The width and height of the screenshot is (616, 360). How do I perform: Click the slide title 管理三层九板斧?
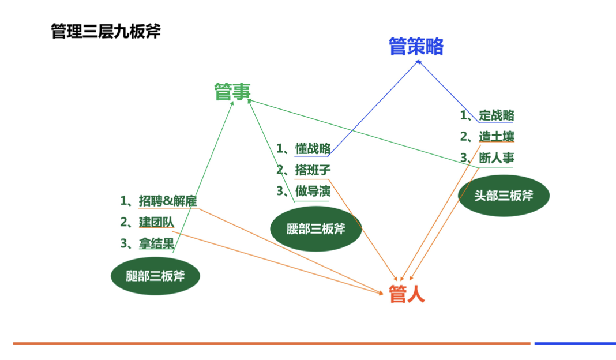tap(106, 31)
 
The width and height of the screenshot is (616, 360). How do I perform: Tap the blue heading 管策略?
tap(416, 46)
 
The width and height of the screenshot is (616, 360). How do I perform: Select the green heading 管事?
tap(232, 91)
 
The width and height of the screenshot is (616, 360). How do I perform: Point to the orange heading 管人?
tap(407, 294)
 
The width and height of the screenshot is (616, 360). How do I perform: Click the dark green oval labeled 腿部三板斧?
tap(155, 276)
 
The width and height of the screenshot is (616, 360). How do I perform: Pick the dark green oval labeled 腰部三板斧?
tap(315, 229)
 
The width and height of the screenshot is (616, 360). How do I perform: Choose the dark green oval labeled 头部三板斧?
tap(504, 196)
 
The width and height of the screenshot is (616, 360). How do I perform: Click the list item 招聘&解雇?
tap(168, 201)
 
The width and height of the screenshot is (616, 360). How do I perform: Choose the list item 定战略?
tap(496, 115)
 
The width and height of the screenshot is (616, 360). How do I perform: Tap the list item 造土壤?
tap(496, 137)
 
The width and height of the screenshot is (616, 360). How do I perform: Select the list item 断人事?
tap(496, 157)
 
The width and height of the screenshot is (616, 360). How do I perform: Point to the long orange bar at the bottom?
tap(271, 343)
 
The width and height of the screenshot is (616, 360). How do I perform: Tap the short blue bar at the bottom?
tap(574, 343)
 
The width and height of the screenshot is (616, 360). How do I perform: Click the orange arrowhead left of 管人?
tap(381, 292)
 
